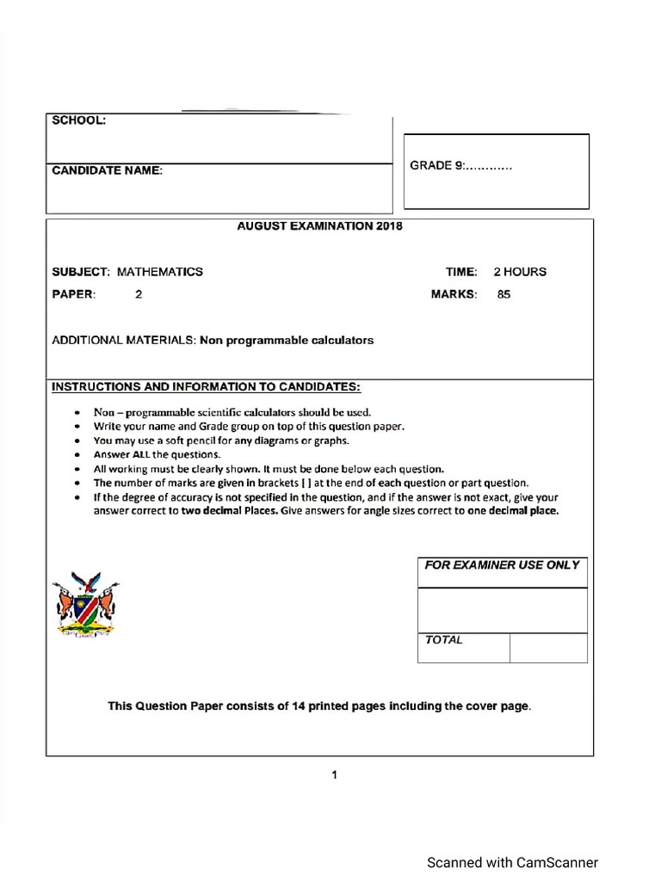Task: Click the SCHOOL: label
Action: (79, 121)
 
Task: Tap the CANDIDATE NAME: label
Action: (107, 170)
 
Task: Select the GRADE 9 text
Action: (460, 165)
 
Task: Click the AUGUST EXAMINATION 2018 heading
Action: (319, 226)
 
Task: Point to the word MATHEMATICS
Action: (160, 272)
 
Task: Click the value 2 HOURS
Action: (519, 272)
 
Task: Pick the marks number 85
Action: (503, 294)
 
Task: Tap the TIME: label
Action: (460, 272)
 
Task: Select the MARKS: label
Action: (454, 294)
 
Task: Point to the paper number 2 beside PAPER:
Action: (138, 294)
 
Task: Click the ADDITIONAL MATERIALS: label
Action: (124, 340)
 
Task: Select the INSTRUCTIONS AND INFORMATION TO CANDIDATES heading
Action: (207, 386)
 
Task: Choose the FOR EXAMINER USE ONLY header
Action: (502, 565)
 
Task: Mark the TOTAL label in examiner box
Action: (443, 640)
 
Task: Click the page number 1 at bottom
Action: (334, 775)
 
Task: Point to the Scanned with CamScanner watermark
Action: (513, 862)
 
